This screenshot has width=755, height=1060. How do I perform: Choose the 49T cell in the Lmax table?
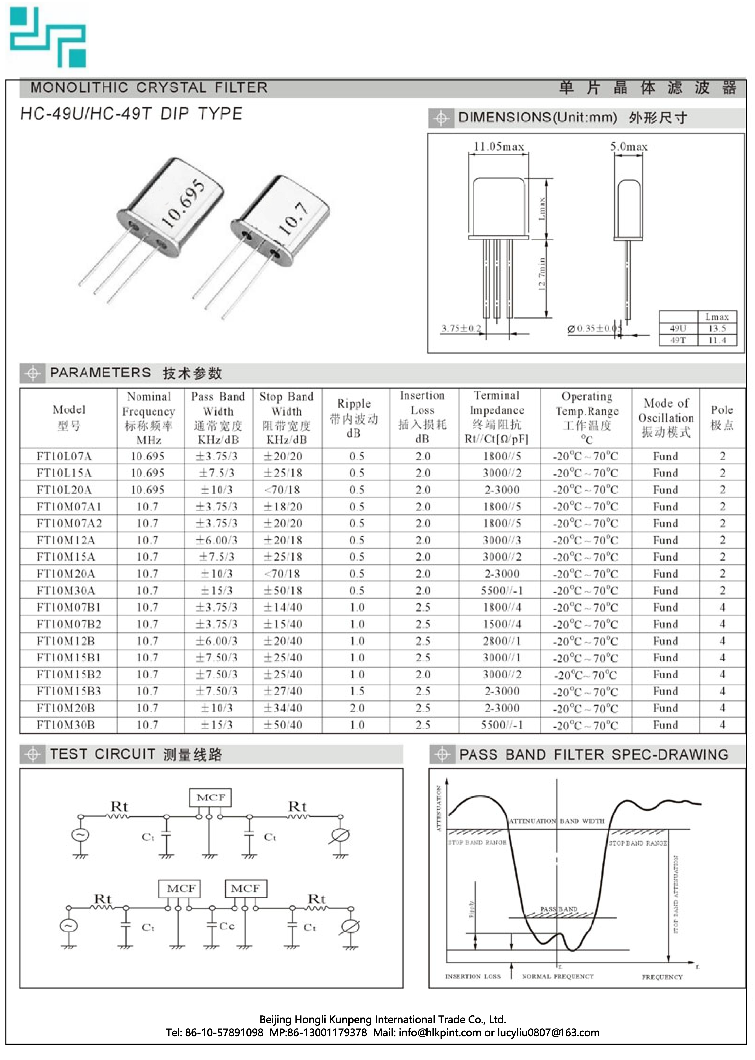[678, 340]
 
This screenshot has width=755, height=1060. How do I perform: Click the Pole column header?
[722, 417]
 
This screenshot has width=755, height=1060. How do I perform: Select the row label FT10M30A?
[66, 590]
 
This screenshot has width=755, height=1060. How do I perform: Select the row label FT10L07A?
[65, 456]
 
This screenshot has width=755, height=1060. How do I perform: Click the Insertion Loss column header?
[422, 417]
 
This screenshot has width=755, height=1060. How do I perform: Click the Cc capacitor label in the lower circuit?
[226, 926]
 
